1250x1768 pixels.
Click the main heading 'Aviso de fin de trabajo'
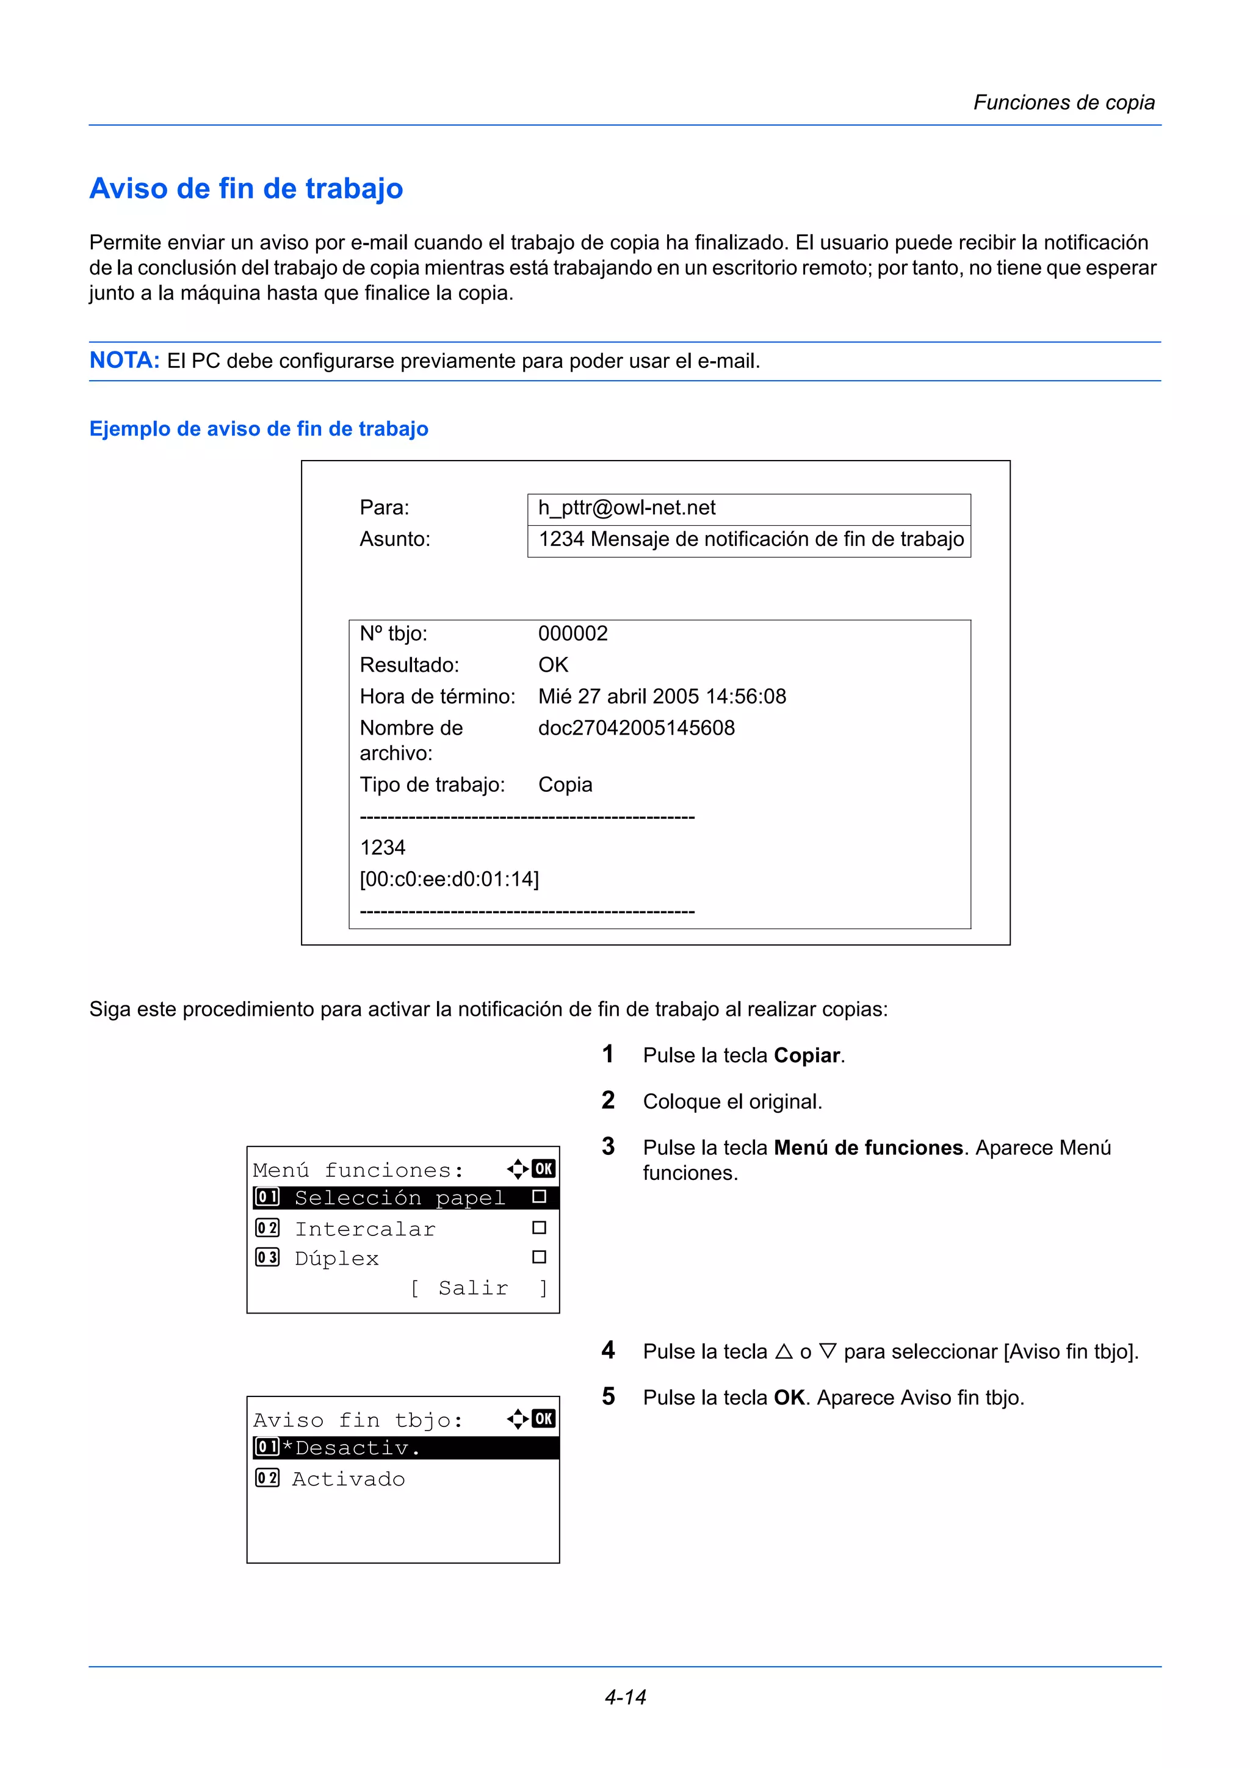[x=247, y=189]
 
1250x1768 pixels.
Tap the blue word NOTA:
[x=124, y=361]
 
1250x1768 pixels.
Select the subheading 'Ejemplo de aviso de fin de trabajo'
[x=259, y=429]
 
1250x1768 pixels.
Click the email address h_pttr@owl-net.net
[x=626, y=508]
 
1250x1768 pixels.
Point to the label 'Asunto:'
[x=394, y=539]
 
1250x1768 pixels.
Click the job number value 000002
[x=573, y=634]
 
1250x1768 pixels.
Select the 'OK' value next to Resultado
[x=552, y=666]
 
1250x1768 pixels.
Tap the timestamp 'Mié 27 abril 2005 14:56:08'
[x=662, y=697]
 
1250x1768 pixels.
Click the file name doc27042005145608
[x=636, y=728]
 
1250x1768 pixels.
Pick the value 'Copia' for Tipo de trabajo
[x=565, y=785]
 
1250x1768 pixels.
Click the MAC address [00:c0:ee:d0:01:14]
[x=449, y=879]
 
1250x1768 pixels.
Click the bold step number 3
[x=609, y=1146]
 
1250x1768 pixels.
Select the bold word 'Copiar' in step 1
[x=806, y=1055]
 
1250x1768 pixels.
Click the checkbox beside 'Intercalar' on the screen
[x=539, y=1228]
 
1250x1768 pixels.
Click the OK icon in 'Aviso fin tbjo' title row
[x=544, y=1419]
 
